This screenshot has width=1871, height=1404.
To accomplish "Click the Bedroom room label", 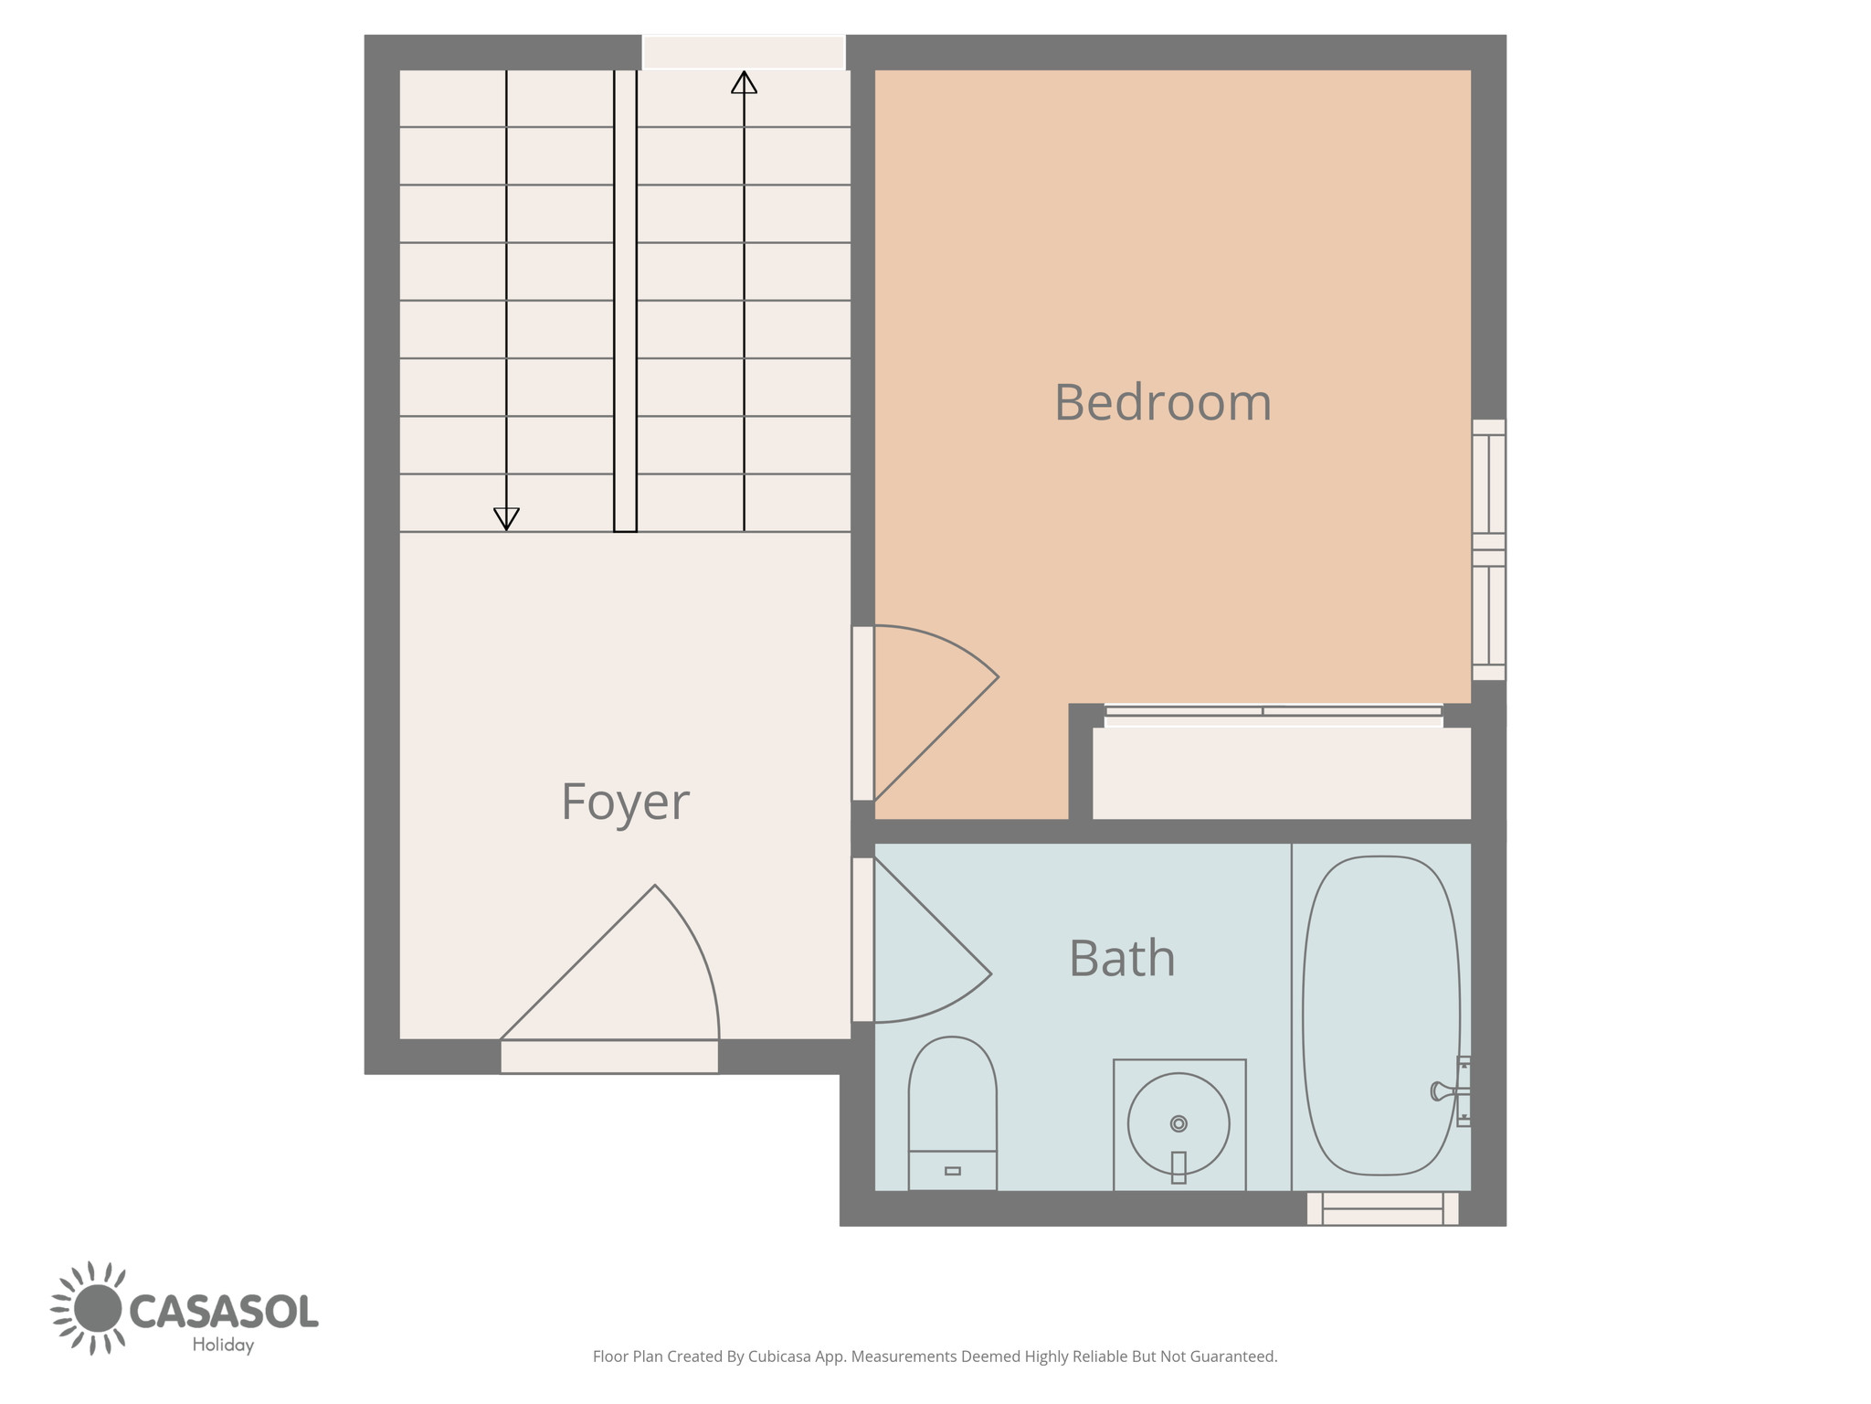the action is pyautogui.click(x=1163, y=402).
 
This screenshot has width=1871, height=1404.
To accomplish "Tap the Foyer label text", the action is pyautogui.click(x=625, y=802).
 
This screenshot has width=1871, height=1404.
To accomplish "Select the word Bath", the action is pyautogui.click(x=1122, y=958).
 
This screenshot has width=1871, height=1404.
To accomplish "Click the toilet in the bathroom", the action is pyautogui.click(x=952, y=1113).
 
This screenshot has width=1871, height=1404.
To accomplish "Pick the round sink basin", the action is pyautogui.click(x=1179, y=1124).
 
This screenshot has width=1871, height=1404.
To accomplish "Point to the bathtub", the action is pyautogui.click(x=1380, y=1016).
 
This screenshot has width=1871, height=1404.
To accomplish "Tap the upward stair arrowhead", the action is pyautogui.click(x=745, y=82).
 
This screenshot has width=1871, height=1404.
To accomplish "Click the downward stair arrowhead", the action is pyautogui.click(x=506, y=519).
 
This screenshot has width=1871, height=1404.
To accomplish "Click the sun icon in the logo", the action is pyautogui.click(x=96, y=1308).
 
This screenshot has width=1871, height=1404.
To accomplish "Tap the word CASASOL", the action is pyautogui.click(x=224, y=1311).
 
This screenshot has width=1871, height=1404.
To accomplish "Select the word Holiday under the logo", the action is pyautogui.click(x=223, y=1345).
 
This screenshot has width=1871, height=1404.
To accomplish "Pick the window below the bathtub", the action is pyautogui.click(x=1382, y=1208).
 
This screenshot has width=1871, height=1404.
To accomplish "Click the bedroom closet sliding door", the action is pyautogui.click(x=1274, y=716).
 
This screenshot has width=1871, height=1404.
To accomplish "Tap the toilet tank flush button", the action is pyautogui.click(x=953, y=1171).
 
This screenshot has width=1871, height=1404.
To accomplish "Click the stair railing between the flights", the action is pyautogui.click(x=625, y=301).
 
